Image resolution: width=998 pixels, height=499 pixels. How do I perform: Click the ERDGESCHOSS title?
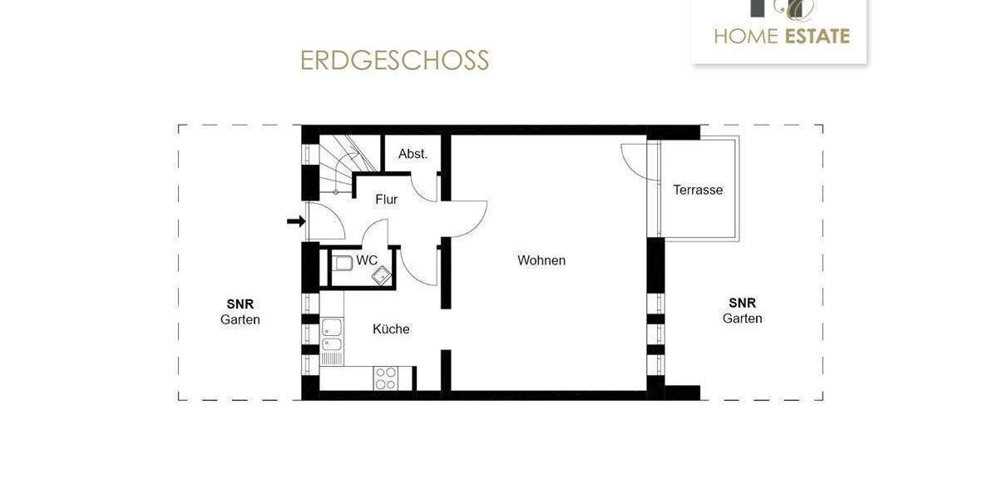(394, 61)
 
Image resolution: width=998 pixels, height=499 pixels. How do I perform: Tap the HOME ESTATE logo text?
(782, 36)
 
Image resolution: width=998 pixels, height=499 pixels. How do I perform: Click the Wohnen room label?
(541, 260)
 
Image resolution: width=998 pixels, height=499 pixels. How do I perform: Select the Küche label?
(391, 329)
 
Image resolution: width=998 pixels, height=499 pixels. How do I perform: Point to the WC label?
(367, 260)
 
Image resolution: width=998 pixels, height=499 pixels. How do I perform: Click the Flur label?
(386, 200)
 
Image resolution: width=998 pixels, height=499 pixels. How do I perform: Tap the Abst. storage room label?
(413, 154)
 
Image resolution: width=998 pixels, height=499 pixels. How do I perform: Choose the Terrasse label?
(698, 190)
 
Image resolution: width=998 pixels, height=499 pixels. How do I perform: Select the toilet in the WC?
(343, 264)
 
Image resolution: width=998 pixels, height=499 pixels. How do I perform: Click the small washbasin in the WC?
(381, 275)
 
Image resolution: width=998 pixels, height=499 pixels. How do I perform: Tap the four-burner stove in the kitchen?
(386, 378)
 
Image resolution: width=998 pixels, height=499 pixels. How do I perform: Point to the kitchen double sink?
(332, 335)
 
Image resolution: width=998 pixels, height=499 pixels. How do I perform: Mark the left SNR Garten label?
(240, 312)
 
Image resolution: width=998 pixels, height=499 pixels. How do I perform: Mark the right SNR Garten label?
(742, 310)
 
